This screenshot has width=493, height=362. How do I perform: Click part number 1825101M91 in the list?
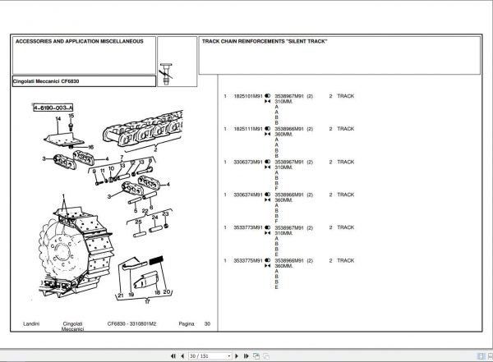coord(247,96)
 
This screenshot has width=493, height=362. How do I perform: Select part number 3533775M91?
coord(247,260)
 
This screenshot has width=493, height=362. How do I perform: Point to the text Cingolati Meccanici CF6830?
coord(47,82)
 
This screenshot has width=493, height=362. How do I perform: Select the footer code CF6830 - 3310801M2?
coord(132,324)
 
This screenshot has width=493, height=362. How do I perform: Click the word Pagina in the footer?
coord(187,324)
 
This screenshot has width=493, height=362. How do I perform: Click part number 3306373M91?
coord(247,162)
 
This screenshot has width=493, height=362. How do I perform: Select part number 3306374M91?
coord(247,195)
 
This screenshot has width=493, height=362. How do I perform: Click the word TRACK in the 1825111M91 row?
coord(345,129)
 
